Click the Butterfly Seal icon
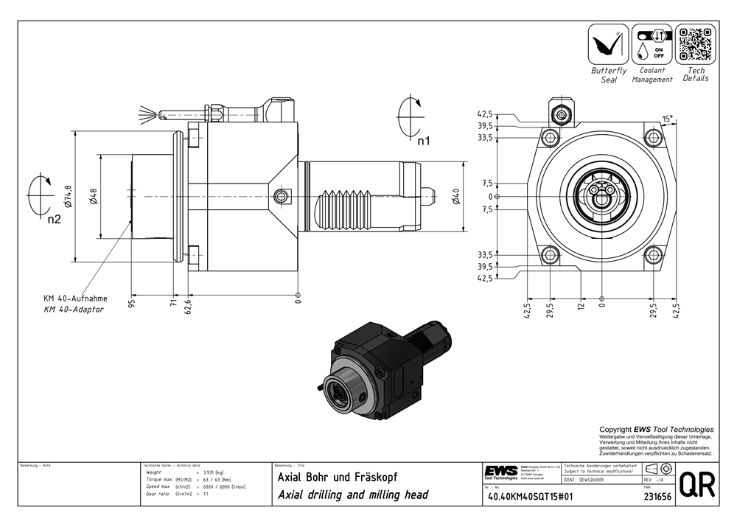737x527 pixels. click(608, 44)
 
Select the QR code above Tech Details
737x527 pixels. click(696, 44)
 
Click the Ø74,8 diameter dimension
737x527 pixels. click(69, 197)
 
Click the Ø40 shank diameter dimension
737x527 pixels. click(455, 197)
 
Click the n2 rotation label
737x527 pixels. click(53, 219)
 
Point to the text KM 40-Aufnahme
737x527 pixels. click(75, 299)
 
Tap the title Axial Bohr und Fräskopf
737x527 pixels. click(337, 477)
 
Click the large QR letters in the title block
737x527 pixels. click(696, 484)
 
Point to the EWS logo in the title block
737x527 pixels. click(500, 471)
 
